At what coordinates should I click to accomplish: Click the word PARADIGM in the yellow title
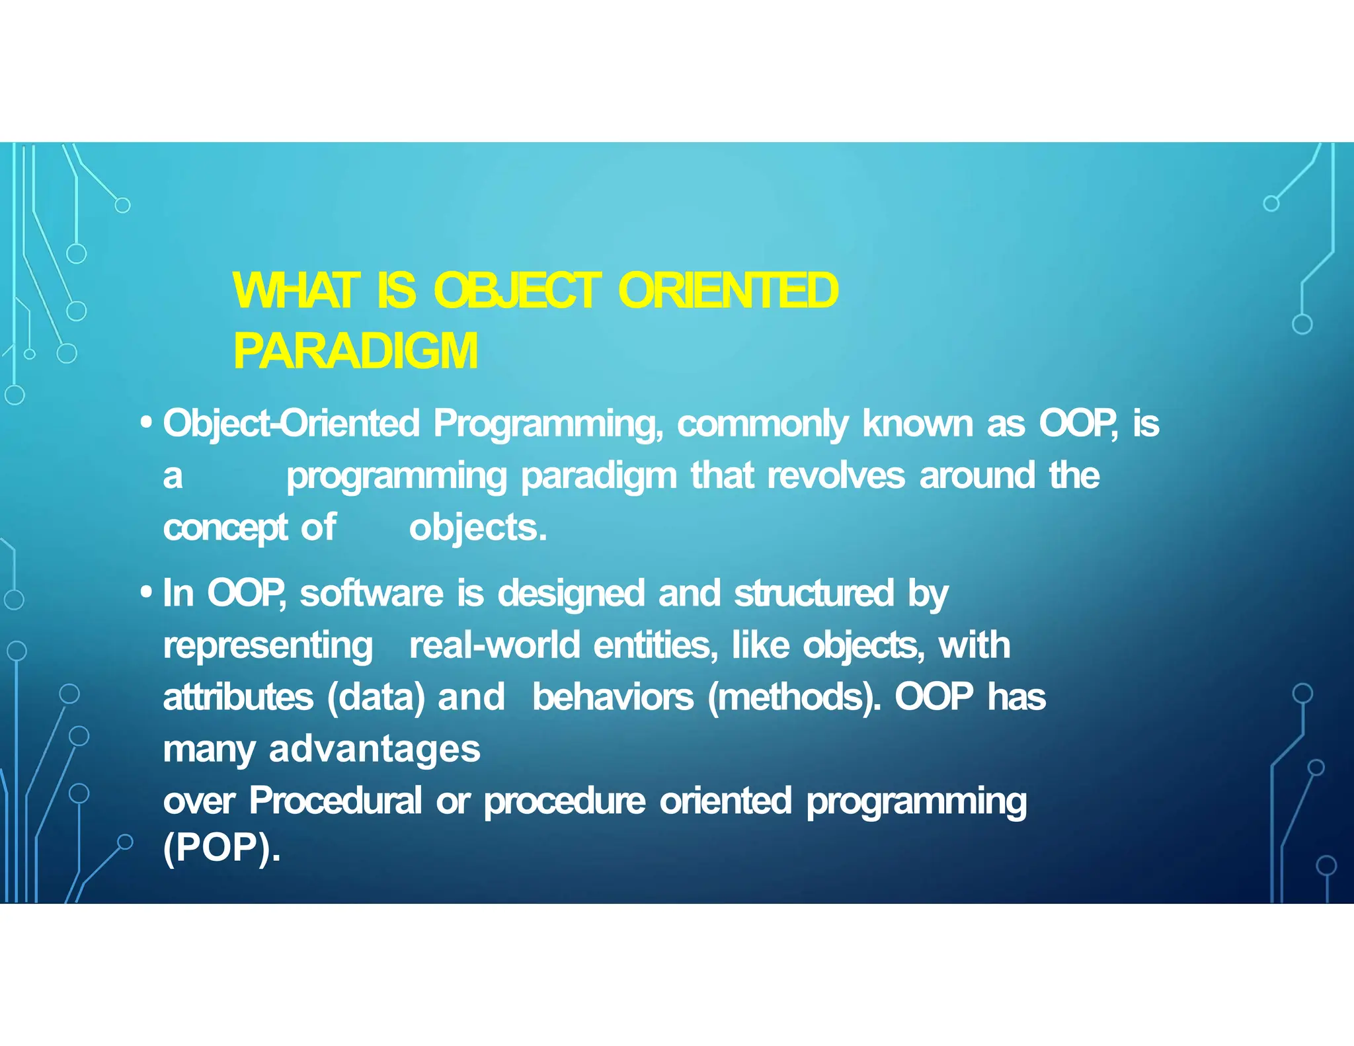coord(355,352)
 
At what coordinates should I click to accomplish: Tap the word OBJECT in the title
coord(517,291)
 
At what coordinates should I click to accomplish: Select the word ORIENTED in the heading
coord(728,291)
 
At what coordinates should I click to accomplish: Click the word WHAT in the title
coord(296,291)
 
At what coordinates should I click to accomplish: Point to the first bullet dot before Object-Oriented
coord(147,422)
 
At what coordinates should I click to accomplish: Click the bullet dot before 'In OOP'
coord(147,592)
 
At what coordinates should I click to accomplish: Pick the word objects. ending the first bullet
coord(478,528)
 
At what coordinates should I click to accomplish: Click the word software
coord(372,593)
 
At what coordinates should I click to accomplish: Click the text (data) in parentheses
coord(376,697)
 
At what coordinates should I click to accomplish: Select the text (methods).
coord(794,697)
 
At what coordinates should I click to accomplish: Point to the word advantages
coord(375,749)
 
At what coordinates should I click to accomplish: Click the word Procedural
coord(335,801)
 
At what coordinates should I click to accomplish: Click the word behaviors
coord(613,697)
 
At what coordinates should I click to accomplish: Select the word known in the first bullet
coord(917,424)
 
